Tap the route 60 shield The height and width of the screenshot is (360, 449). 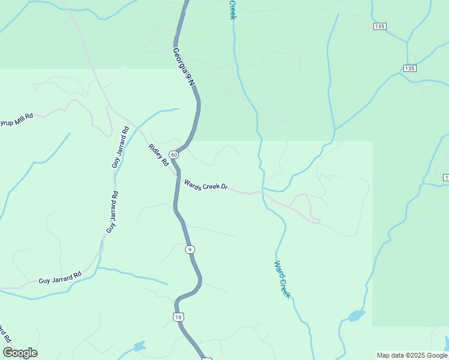click(x=173, y=155)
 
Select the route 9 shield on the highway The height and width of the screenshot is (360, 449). click(x=190, y=249)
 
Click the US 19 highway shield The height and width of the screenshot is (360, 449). click(x=178, y=316)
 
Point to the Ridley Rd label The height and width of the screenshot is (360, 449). click(x=159, y=155)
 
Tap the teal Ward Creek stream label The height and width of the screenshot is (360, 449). click(x=282, y=280)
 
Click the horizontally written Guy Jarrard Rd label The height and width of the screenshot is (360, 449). click(x=59, y=279)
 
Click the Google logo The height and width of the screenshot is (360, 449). click(x=20, y=353)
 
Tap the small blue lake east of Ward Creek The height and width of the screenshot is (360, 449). click(x=356, y=315)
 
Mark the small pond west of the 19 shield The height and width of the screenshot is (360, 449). click(x=139, y=346)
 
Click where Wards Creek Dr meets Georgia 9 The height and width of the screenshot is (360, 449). click(x=177, y=178)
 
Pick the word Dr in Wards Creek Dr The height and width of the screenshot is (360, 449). click(x=224, y=188)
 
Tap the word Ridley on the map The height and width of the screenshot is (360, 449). click(x=155, y=151)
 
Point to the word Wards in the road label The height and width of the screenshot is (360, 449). click(x=191, y=182)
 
